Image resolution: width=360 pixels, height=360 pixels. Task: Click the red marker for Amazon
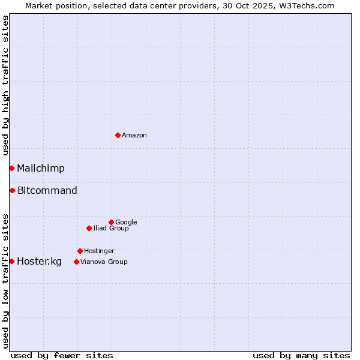[118, 135]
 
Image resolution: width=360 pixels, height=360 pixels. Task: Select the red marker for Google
[111, 222]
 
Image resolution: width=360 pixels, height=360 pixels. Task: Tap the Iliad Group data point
[89, 228]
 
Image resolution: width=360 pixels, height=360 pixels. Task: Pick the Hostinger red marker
[80, 251]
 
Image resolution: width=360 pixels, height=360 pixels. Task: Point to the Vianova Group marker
[76, 262]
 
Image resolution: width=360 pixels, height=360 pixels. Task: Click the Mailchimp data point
[11, 168]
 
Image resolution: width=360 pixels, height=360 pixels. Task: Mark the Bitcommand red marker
[12, 190]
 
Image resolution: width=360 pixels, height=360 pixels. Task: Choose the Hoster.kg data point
[11, 261]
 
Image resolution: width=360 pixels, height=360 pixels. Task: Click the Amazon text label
[134, 136]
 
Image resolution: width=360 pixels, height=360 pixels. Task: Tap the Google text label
[126, 223]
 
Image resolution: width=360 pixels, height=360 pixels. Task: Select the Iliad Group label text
[111, 229]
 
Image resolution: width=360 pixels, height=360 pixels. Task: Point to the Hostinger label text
[99, 251]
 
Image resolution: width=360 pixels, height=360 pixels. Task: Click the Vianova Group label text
[104, 262]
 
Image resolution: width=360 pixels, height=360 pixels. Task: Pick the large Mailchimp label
[41, 169]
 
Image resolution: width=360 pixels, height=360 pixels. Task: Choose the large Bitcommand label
[47, 191]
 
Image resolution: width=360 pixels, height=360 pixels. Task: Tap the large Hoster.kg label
[39, 262]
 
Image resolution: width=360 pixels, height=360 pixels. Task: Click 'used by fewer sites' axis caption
[62, 355]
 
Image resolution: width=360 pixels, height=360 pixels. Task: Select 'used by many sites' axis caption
[301, 355]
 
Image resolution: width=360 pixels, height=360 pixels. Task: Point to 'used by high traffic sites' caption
[5, 85]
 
